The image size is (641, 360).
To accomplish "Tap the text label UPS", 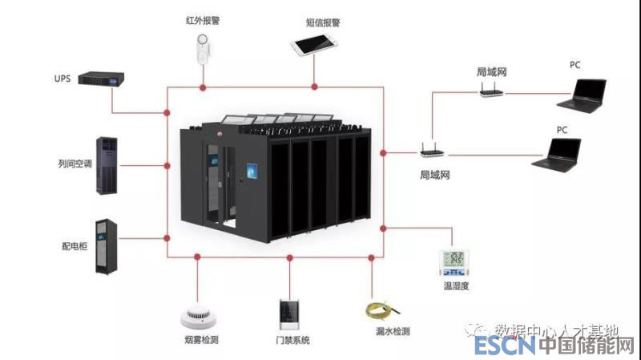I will click(x=63, y=79).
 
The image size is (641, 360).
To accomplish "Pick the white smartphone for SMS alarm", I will click(x=313, y=45).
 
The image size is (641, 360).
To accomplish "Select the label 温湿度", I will click(x=456, y=286).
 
